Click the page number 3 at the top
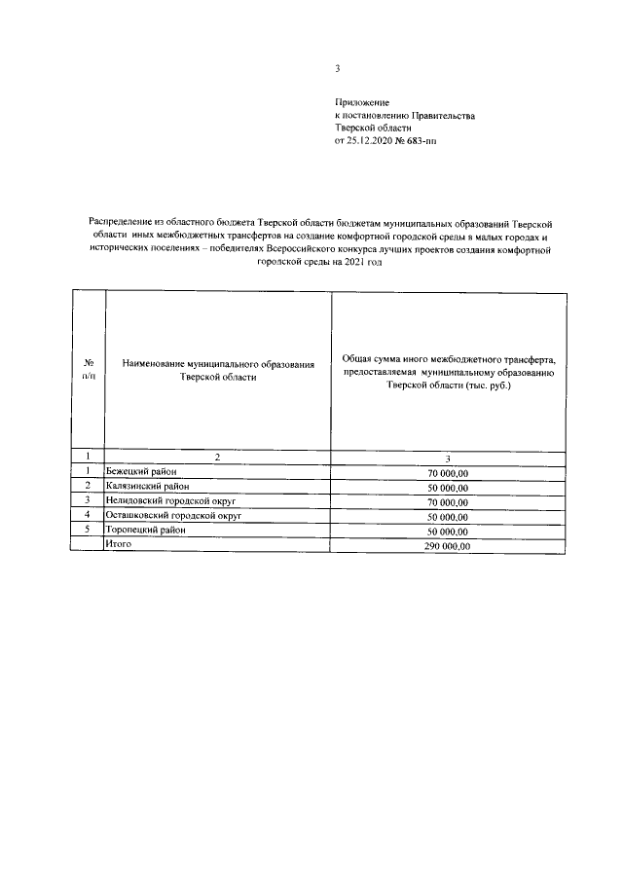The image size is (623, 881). point(336,68)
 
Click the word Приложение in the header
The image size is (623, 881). point(362,102)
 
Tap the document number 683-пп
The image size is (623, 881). point(434,141)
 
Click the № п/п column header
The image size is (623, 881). point(89,366)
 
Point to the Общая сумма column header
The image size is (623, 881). point(449,372)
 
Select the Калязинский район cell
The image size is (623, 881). point(146,486)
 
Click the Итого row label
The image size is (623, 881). point(118,545)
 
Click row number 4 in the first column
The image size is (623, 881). point(89,515)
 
